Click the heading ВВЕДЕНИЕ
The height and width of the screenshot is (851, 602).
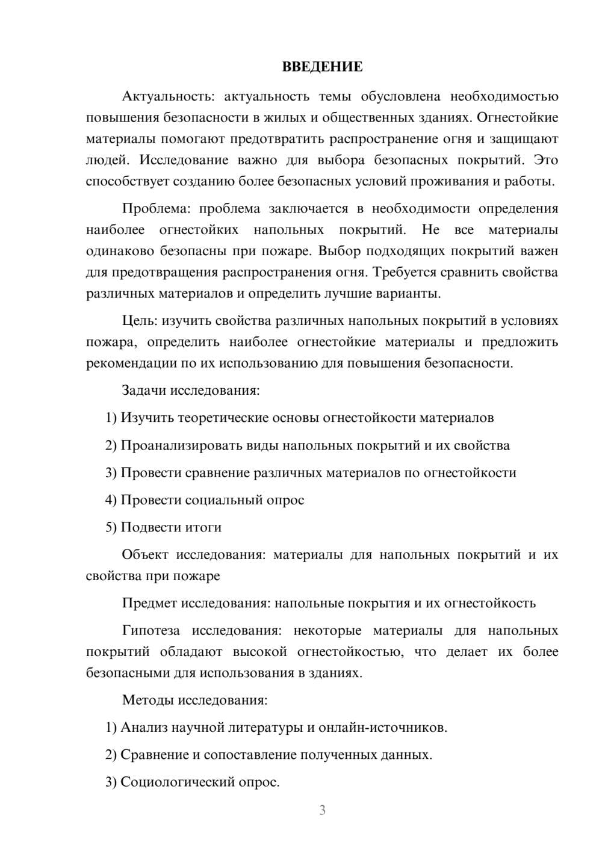[x=322, y=67]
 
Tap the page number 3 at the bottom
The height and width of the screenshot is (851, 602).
[x=322, y=810]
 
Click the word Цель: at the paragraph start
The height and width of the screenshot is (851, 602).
[x=140, y=321]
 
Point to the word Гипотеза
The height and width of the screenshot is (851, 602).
[x=150, y=631]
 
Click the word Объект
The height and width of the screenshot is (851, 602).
[x=145, y=554]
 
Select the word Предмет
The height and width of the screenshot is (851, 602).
[x=149, y=603]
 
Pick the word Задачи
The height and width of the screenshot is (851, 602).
[x=144, y=391]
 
